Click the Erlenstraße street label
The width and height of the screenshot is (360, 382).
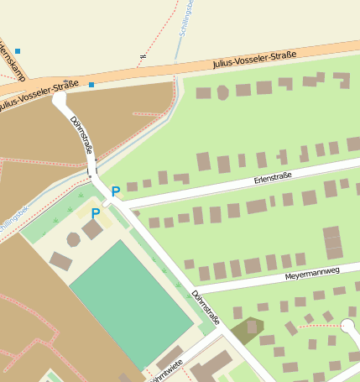point(273,177)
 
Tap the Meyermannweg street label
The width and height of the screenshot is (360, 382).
point(311,272)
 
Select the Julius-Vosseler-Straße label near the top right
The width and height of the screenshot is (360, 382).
point(254,59)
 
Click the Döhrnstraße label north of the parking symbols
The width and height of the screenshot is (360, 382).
point(81,135)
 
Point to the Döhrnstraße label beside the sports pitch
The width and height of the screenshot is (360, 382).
point(206,307)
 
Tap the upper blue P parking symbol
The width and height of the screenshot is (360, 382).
point(115,191)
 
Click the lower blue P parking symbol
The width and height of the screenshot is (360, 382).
point(96,213)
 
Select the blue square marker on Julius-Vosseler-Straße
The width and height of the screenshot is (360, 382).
point(91,84)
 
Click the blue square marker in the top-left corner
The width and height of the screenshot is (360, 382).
point(17,51)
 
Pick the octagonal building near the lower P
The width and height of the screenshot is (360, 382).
point(74,239)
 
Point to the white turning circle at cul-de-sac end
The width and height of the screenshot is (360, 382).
point(348,326)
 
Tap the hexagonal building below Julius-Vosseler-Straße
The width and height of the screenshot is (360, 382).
point(222,92)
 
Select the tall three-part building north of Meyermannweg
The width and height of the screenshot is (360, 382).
point(332,242)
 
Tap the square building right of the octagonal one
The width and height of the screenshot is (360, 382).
point(92,229)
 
